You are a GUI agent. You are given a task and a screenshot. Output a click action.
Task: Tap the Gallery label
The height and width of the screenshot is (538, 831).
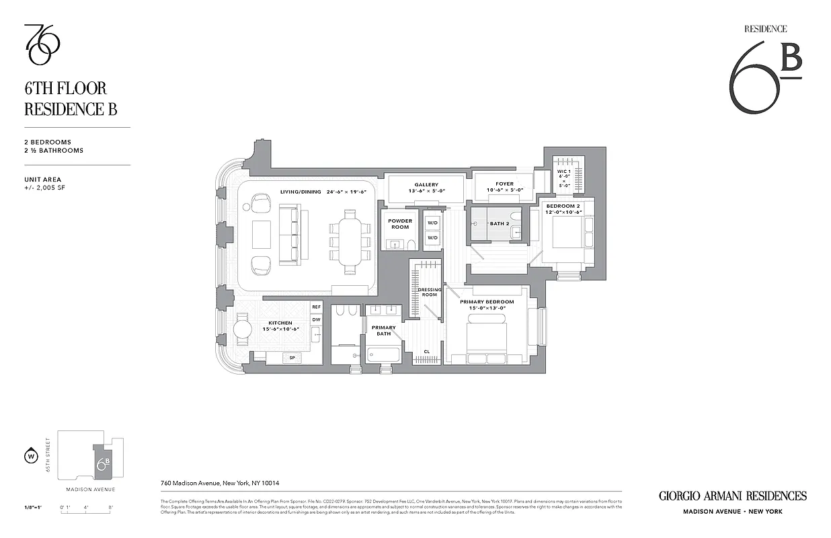click(426, 185)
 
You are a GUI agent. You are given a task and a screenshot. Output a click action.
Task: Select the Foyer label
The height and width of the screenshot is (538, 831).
click(504, 184)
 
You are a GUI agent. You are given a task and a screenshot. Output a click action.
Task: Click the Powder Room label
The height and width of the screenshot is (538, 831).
click(400, 223)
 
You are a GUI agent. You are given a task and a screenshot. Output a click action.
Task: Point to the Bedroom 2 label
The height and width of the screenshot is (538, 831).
click(561, 205)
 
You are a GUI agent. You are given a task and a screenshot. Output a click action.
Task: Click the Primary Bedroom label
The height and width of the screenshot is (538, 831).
click(487, 302)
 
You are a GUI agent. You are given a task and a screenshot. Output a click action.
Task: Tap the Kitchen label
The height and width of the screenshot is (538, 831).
click(280, 323)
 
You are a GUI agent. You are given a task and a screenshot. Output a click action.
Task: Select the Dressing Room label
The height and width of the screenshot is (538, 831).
click(429, 292)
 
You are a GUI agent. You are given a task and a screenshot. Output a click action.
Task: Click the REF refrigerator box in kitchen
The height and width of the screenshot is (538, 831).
click(316, 307)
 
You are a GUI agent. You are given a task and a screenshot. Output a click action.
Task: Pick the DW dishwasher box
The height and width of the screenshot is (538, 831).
click(316, 319)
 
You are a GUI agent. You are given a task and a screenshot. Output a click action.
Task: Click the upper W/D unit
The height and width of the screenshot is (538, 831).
click(433, 223)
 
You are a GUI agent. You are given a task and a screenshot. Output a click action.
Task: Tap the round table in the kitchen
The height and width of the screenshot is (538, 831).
click(241, 331)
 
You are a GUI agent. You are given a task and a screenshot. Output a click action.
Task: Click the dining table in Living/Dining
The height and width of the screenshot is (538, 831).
click(350, 237)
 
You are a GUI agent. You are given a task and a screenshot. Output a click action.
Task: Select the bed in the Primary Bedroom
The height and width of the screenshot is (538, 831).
click(487, 337)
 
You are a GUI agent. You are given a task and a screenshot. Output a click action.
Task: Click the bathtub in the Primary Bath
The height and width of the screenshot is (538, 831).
click(383, 355)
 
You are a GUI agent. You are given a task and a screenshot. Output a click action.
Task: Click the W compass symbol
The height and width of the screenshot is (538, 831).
click(30, 457)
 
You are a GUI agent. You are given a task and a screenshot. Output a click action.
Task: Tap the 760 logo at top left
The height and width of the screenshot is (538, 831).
click(42, 45)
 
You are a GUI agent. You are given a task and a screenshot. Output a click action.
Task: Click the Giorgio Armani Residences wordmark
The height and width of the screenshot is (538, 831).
click(732, 496)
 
